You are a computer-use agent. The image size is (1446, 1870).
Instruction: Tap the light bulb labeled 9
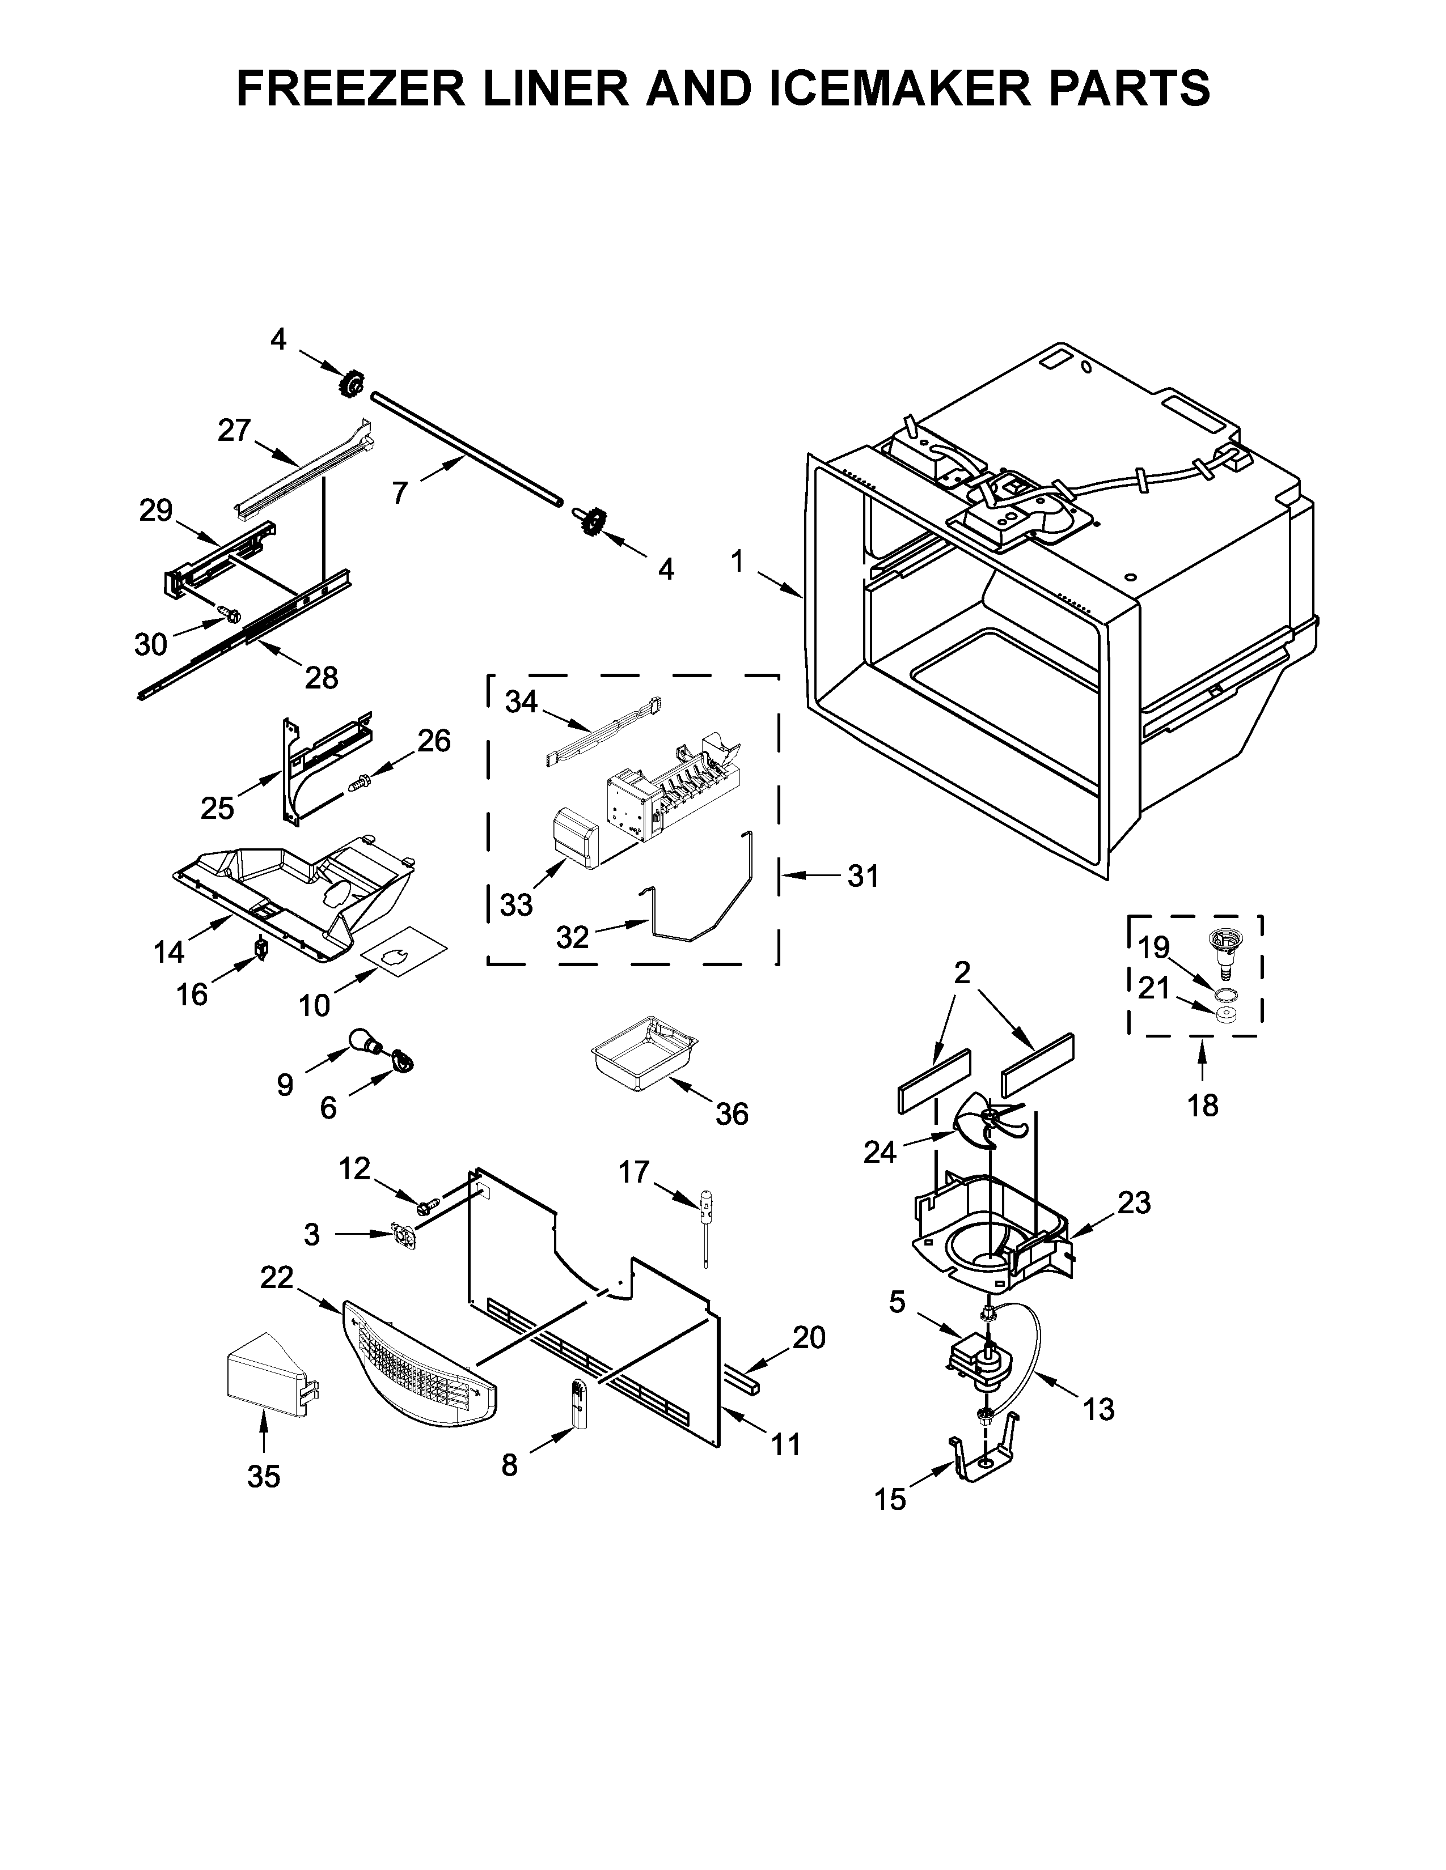coord(364,1043)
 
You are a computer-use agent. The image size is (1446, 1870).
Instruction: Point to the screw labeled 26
coord(360,781)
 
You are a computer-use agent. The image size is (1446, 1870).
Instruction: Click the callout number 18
coord(1203,1106)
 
